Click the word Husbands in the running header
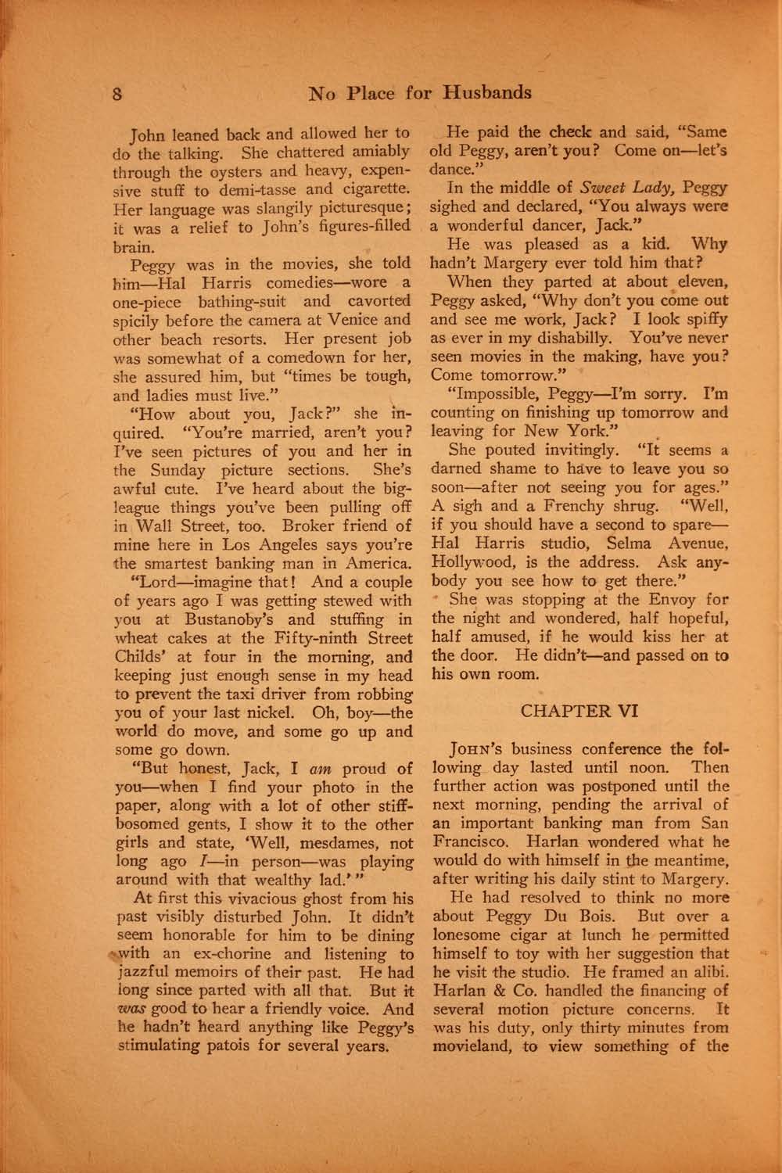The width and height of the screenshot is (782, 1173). [x=487, y=92]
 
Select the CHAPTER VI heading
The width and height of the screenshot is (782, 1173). [x=579, y=711]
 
